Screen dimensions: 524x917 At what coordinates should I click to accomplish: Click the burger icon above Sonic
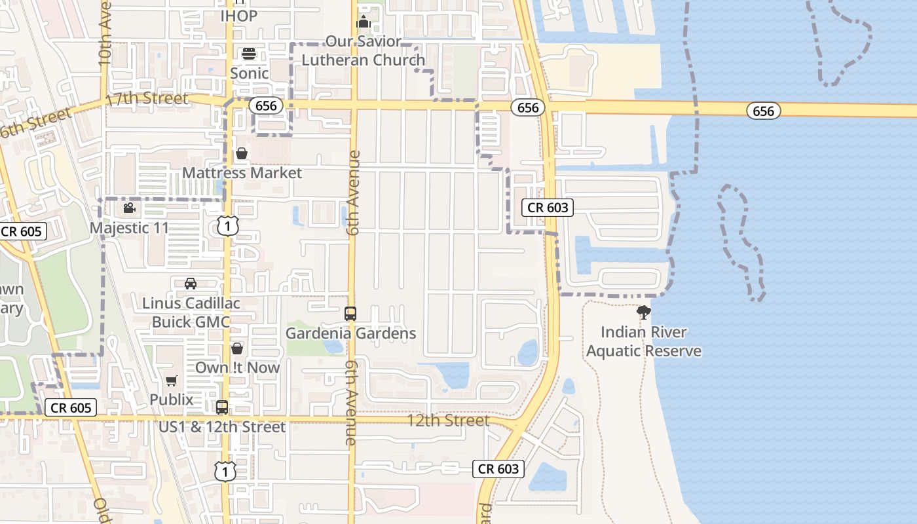tap(249, 53)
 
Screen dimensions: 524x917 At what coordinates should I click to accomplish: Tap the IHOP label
tap(238, 15)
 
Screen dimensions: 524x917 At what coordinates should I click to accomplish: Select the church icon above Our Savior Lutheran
tap(363, 22)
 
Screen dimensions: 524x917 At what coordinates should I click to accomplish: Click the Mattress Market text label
tap(242, 173)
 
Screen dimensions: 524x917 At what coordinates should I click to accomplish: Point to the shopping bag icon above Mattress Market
tap(242, 153)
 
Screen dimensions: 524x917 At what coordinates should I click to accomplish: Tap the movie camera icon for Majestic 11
tap(129, 208)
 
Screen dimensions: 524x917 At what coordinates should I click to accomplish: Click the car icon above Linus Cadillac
tap(191, 284)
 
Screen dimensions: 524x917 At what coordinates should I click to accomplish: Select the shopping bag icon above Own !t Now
tap(237, 348)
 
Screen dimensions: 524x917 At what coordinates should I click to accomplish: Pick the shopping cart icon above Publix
tap(172, 381)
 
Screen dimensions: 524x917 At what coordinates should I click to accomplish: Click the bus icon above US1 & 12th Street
tap(222, 407)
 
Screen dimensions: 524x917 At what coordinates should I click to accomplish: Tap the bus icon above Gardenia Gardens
tap(350, 314)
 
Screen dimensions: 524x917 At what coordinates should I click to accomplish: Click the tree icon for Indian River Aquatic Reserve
tap(643, 312)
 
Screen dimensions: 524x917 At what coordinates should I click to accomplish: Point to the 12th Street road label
tap(448, 420)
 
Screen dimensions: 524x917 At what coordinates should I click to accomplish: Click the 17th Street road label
tap(147, 100)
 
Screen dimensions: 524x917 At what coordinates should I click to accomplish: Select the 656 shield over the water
tap(763, 111)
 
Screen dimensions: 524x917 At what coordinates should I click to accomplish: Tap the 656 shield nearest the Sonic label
tap(265, 106)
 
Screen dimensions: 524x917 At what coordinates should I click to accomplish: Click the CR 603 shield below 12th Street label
tap(498, 468)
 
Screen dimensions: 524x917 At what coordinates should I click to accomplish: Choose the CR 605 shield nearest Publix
tap(71, 407)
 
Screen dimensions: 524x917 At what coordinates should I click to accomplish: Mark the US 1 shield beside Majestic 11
tap(227, 226)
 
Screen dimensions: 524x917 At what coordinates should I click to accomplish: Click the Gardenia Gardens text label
tap(350, 333)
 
